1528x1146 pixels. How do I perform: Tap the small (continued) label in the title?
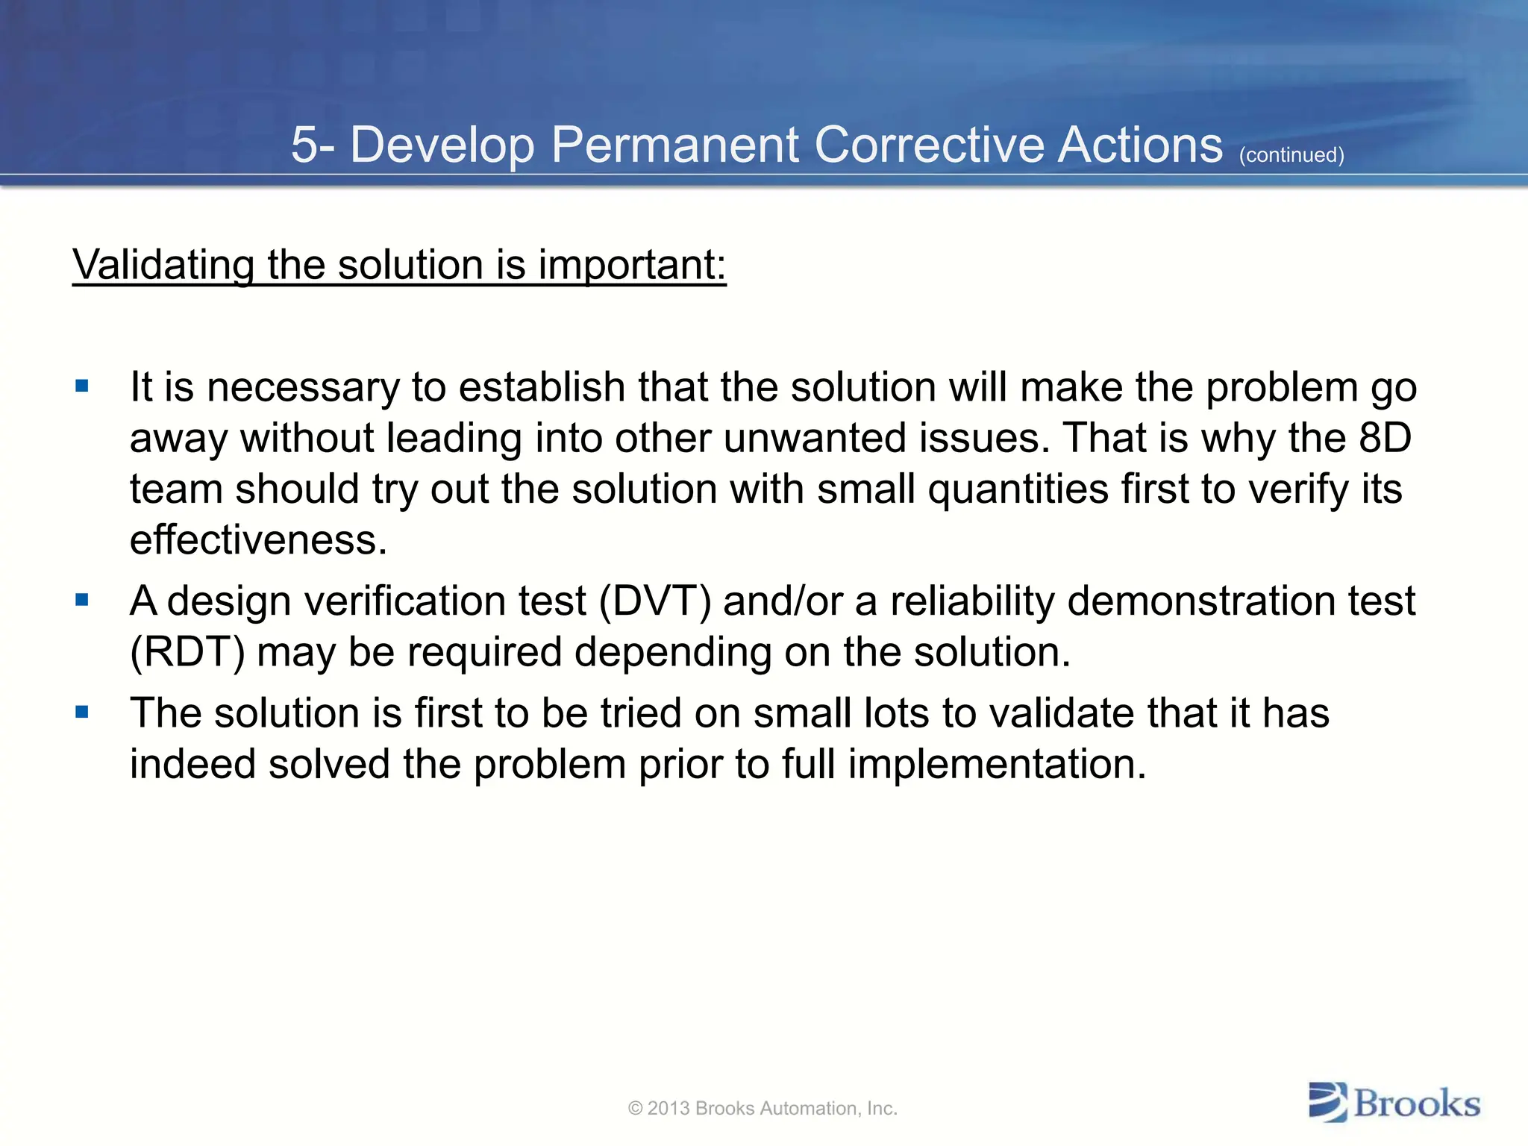pyautogui.click(x=1291, y=155)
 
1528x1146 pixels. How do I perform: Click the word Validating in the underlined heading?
pyautogui.click(x=163, y=265)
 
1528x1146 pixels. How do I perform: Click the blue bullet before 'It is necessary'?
pyautogui.click(x=82, y=386)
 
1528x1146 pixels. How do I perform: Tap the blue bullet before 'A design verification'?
pyautogui.click(x=82, y=600)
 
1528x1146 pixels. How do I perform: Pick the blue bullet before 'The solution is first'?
pyautogui.click(x=82, y=712)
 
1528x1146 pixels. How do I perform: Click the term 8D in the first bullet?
pyautogui.click(x=1385, y=438)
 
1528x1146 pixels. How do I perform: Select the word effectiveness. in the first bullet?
pyautogui.click(x=258, y=539)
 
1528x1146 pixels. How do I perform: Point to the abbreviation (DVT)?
pyautogui.click(x=655, y=601)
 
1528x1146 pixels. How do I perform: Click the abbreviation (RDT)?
pyautogui.click(x=187, y=653)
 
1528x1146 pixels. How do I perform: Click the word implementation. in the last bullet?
pyautogui.click(x=997, y=765)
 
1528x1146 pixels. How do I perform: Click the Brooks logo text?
pyautogui.click(x=1416, y=1103)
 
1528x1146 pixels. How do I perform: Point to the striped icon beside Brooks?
pyautogui.click(x=1328, y=1103)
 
